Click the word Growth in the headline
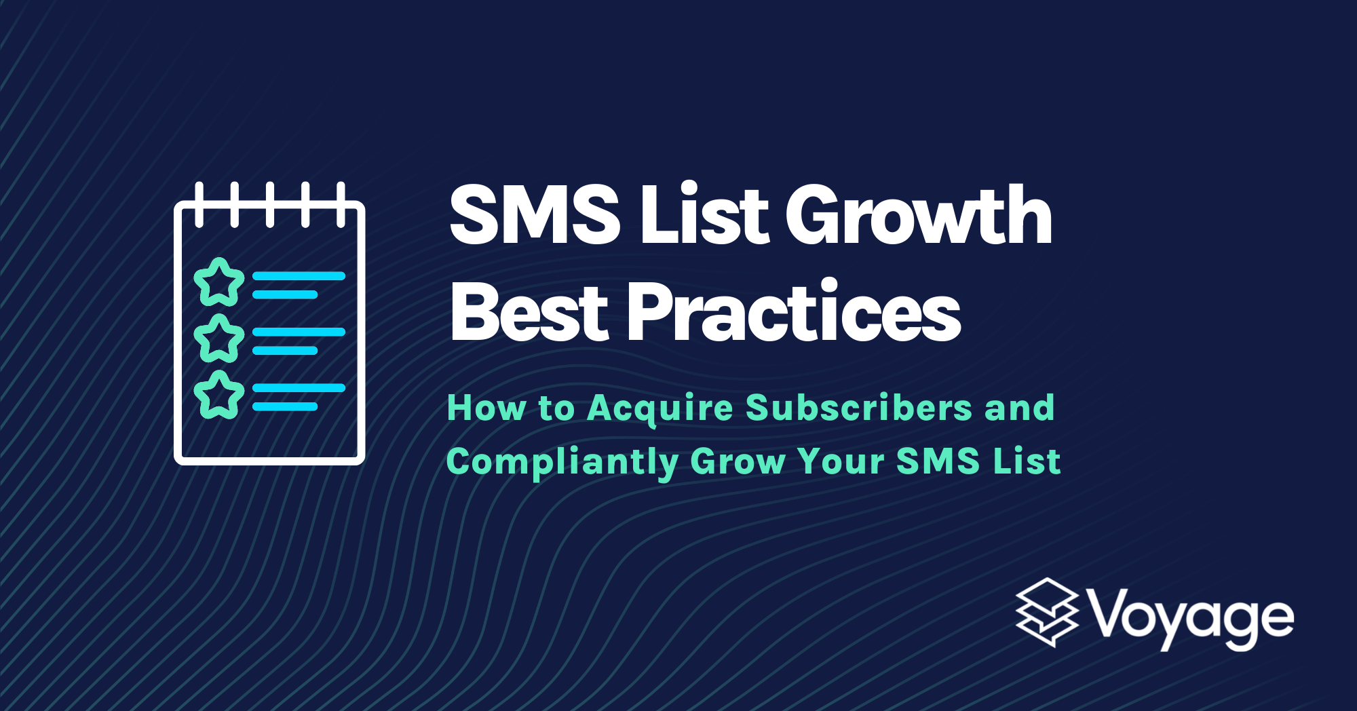click(919, 216)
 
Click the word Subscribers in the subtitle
click(859, 408)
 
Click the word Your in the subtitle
click(841, 462)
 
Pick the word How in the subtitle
click(486, 408)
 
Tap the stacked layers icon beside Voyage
click(1047, 612)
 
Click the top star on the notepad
click(218, 282)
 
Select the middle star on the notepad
click(218, 338)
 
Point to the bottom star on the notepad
click(218, 394)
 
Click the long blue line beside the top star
click(299, 276)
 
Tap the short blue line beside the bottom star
click(285, 406)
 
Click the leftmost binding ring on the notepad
click(199, 204)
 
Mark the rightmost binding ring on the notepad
click(341, 204)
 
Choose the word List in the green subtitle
click(1027, 462)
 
